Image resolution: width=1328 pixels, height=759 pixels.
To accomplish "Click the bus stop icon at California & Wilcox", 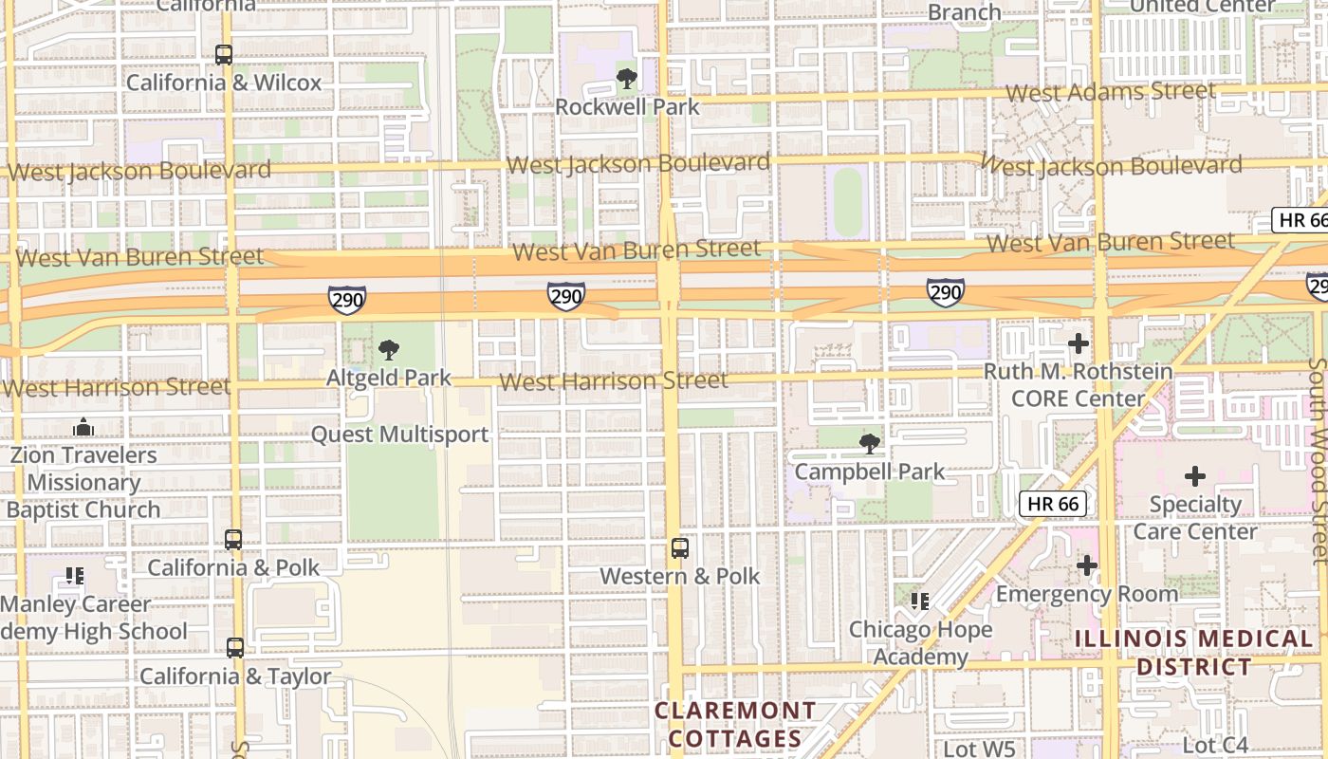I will (224, 55).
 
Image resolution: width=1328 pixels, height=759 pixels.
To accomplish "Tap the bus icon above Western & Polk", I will (679, 547).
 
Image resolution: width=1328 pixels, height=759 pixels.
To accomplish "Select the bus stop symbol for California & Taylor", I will (234, 648).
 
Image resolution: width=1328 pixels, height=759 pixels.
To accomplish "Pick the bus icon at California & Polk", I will (233, 540).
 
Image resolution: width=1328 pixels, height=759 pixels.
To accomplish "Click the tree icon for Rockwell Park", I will (626, 79).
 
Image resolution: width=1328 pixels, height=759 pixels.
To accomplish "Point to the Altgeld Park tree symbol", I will (388, 350).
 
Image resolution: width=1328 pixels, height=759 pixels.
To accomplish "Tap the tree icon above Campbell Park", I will (869, 443).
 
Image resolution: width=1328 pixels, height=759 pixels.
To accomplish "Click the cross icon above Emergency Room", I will (1087, 566).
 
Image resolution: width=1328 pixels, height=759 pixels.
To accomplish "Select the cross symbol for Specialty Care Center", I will (1195, 475).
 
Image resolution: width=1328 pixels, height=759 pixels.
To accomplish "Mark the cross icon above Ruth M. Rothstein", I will (1078, 343).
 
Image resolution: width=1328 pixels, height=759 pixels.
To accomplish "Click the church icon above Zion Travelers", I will (83, 427).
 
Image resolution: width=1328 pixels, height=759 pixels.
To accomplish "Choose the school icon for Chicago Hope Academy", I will (919, 601).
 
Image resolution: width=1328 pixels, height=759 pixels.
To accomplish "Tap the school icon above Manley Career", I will (75, 575).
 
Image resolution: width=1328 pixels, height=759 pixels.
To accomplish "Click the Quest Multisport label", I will (399, 435).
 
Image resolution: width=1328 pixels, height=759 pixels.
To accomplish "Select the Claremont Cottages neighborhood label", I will (735, 724).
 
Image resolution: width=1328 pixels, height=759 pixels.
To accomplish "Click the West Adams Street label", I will (1110, 92).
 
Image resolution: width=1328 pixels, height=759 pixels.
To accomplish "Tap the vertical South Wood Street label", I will (1317, 460).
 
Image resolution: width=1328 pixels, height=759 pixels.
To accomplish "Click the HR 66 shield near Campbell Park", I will (1053, 504).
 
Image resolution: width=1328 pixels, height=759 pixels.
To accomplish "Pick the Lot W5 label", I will (980, 749).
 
